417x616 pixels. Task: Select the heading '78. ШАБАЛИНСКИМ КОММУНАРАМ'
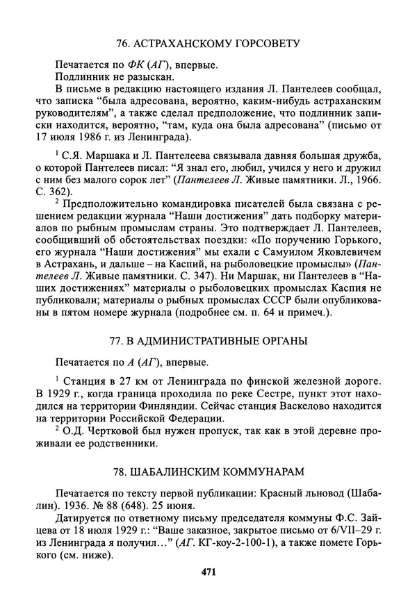tap(208, 472)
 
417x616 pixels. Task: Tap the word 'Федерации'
tap(194, 420)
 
